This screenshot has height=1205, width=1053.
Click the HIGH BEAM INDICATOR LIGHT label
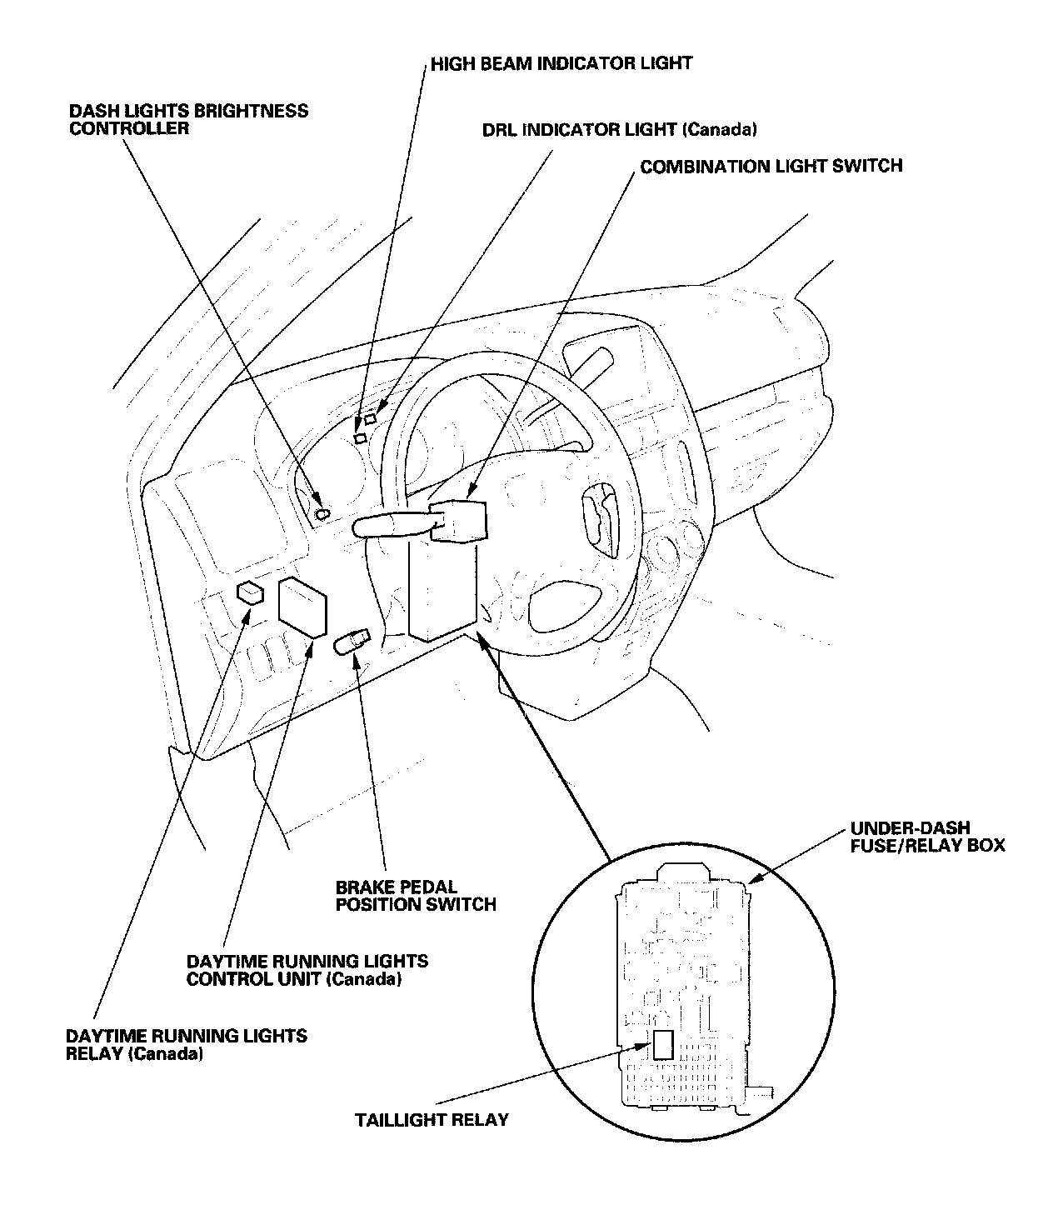click(x=561, y=63)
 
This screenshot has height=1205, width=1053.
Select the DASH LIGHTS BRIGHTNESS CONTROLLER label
click(x=188, y=119)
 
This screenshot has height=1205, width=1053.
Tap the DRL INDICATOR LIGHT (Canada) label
click(x=620, y=130)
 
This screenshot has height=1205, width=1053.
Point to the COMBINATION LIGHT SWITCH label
click(x=771, y=166)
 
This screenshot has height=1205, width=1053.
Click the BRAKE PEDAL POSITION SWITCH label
click(x=416, y=895)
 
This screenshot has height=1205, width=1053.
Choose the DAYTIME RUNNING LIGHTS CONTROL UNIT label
click(x=307, y=969)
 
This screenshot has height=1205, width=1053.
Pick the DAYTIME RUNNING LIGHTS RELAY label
click(x=187, y=1044)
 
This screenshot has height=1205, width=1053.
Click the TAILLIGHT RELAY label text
click(x=432, y=1119)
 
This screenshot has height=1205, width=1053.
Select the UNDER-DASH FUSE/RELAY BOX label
click(x=927, y=837)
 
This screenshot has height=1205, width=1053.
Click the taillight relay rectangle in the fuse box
click(x=663, y=1044)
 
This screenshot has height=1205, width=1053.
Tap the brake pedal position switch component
click(x=350, y=643)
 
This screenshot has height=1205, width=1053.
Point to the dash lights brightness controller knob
click(x=322, y=514)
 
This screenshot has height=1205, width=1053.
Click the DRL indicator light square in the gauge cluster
click(x=370, y=418)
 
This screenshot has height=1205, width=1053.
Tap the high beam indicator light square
click(x=360, y=437)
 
